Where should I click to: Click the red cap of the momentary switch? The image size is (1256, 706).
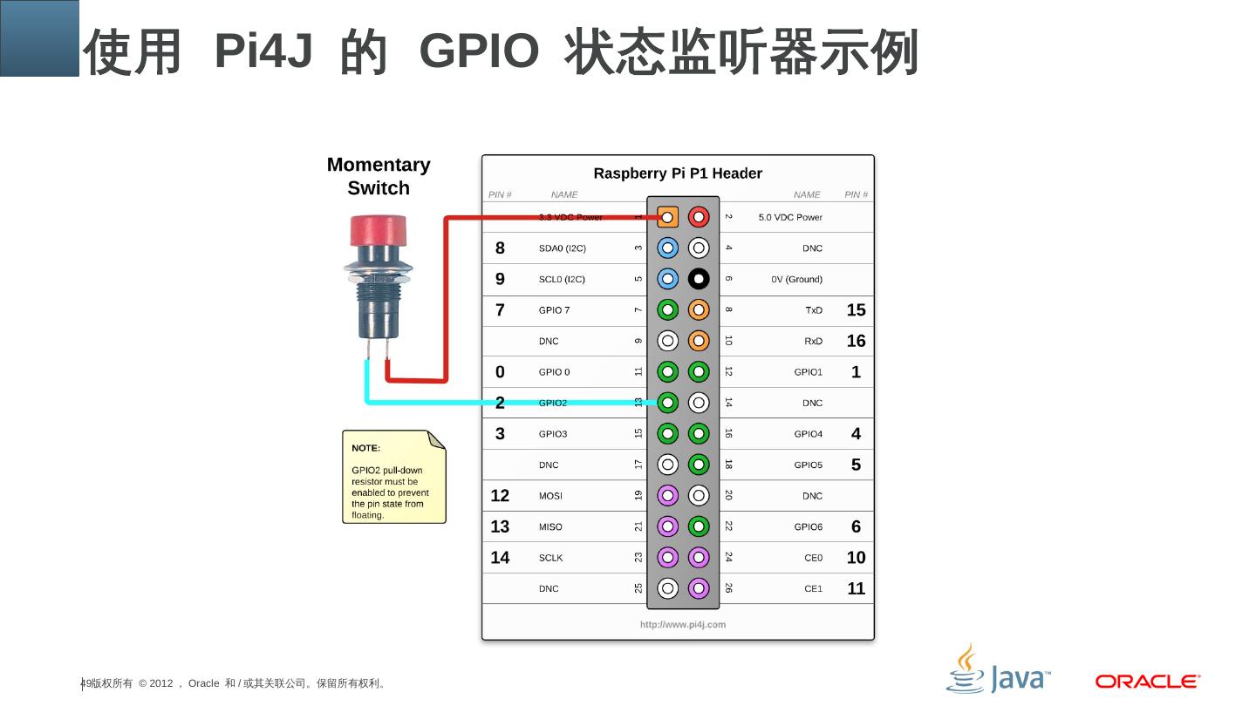click(x=378, y=232)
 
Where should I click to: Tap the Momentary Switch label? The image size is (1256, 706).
click(x=379, y=176)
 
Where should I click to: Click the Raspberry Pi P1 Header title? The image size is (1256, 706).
click(x=678, y=173)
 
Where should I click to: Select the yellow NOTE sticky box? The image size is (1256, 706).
click(x=393, y=477)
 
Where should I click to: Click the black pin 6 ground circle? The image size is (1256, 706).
click(x=699, y=279)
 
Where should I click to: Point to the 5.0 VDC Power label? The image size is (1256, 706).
click(x=790, y=217)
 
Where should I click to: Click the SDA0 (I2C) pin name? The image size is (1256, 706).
click(x=562, y=248)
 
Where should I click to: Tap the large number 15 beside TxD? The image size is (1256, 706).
click(x=856, y=310)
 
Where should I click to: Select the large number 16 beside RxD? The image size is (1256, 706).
click(x=856, y=341)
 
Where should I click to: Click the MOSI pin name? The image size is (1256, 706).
click(x=550, y=496)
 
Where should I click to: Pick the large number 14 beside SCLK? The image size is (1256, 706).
click(x=500, y=558)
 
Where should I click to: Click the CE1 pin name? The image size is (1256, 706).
click(x=813, y=589)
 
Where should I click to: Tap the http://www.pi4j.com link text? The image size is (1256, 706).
click(x=683, y=624)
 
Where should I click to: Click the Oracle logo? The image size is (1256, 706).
click(x=1148, y=682)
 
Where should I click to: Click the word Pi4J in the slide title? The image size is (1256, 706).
click(x=263, y=51)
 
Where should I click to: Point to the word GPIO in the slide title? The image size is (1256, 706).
click(x=480, y=51)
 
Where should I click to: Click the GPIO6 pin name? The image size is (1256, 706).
click(x=808, y=527)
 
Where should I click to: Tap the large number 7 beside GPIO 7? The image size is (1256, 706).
click(x=500, y=310)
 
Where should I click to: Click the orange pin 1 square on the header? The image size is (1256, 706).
click(x=667, y=216)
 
